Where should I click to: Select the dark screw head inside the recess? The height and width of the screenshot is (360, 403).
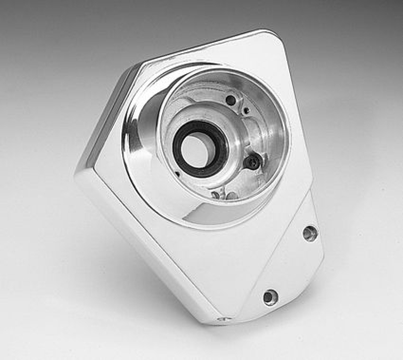pyautogui.click(x=252, y=161)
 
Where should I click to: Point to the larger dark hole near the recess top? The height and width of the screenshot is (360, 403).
pyautogui.click(x=231, y=100)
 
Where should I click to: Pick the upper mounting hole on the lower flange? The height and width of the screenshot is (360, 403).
pyautogui.click(x=309, y=233)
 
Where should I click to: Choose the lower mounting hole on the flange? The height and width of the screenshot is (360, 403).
pyautogui.click(x=270, y=296)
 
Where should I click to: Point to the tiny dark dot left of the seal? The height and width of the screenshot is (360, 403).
pyautogui.click(x=177, y=174)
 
